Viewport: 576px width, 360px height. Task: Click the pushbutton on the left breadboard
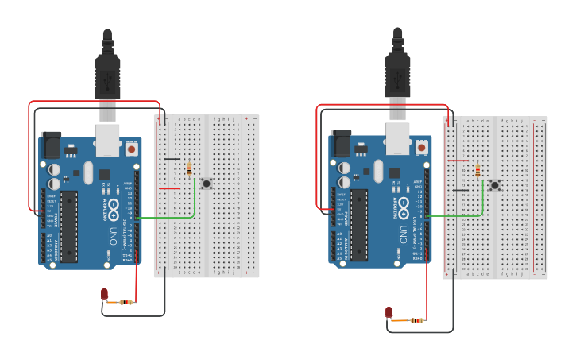[207, 184]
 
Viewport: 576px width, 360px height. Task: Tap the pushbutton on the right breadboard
[494, 185]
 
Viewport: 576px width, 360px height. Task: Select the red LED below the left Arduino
[104, 295]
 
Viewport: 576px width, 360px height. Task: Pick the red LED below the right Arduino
[389, 312]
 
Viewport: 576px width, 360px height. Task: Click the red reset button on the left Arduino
[131, 148]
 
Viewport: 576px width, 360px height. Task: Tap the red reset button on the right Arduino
[421, 148]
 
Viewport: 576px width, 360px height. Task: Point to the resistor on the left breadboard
[189, 168]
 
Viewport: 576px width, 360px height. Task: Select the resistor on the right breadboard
[477, 169]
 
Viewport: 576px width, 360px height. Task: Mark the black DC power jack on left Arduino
[50, 144]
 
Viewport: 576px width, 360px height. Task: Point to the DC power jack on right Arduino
[340, 143]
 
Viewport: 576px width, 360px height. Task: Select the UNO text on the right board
[404, 235]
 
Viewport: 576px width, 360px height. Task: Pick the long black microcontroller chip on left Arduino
[69, 226]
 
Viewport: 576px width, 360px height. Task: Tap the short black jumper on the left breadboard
[171, 159]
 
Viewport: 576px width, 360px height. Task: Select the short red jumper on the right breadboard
[458, 161]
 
